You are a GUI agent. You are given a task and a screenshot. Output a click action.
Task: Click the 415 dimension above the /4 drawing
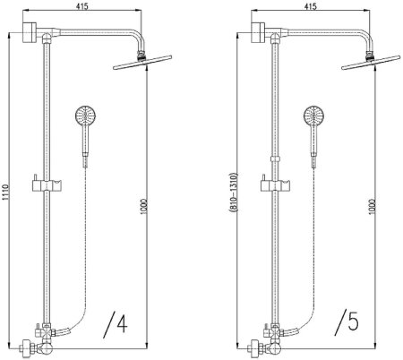click(82, 6)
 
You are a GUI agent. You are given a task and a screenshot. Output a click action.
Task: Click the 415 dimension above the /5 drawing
click(311, 6)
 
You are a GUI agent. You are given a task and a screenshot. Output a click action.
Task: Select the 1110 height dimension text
click(5, 193)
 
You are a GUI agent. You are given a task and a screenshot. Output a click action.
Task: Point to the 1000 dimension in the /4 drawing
click(143, 206)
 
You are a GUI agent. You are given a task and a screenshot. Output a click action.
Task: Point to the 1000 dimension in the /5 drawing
click(372, 207)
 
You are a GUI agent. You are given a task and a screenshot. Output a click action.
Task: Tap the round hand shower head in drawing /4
click(85, 116)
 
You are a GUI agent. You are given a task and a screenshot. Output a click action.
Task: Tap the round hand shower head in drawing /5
click(313, 116)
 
